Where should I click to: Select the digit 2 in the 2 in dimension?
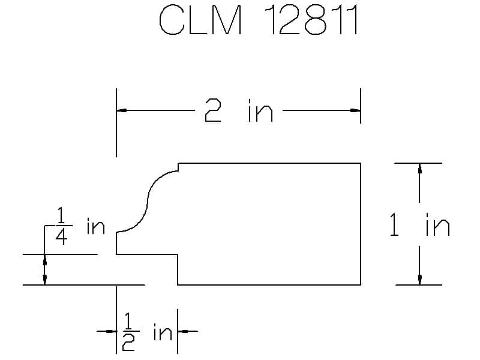213,110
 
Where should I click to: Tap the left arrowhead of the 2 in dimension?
122,110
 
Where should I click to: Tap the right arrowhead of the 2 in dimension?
355,110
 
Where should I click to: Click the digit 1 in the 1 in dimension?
394,224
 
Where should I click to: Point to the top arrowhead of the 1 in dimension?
419,169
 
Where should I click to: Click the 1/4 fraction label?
62,226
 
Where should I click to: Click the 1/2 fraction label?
128,332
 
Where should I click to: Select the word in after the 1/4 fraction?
96,226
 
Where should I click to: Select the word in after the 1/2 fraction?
163,332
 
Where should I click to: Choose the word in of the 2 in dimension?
260,110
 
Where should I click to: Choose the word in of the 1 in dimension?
438,224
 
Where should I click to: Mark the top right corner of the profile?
361,163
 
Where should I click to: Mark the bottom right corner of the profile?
361,284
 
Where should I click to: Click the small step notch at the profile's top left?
178,167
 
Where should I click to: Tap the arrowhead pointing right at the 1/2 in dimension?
111,331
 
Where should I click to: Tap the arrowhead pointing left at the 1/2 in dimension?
183,331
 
